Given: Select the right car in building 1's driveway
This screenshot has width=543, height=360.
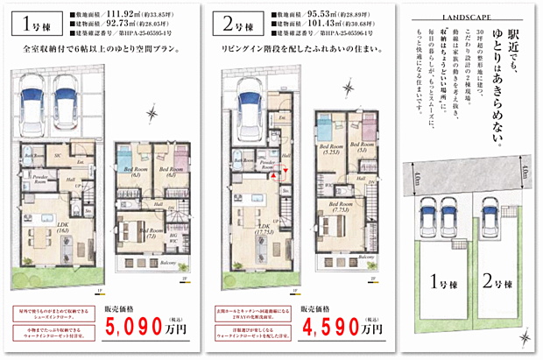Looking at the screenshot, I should (67, 96).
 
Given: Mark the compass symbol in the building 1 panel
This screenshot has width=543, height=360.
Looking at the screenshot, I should (152, 112).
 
